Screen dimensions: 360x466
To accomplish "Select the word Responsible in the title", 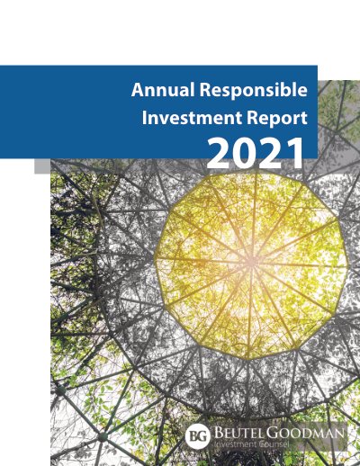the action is (x=254, y=90).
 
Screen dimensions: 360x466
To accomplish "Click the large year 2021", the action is (x=255, y=154).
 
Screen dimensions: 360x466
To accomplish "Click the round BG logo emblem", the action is (x=196, y=436).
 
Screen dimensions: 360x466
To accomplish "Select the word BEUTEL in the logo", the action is (x=238, y=433).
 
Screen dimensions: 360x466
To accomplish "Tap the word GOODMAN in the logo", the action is (x=305, y=433).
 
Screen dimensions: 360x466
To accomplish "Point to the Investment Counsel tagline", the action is (x=251, y=444).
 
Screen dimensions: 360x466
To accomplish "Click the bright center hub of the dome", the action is (x=251, y=263).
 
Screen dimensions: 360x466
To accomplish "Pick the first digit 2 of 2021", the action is (x=219, y=154).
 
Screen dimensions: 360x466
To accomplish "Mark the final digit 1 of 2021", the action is (x=295, y=154).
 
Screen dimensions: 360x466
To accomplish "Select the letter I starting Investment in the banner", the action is (x=144, y=118).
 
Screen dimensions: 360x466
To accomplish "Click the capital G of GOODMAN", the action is (x=271, y=433).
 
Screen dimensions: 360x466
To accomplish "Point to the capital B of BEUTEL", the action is (x=218, y=433).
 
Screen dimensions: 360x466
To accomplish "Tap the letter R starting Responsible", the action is (x=205, y=89).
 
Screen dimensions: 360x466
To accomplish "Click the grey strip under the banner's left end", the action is (x=42, y=166).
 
